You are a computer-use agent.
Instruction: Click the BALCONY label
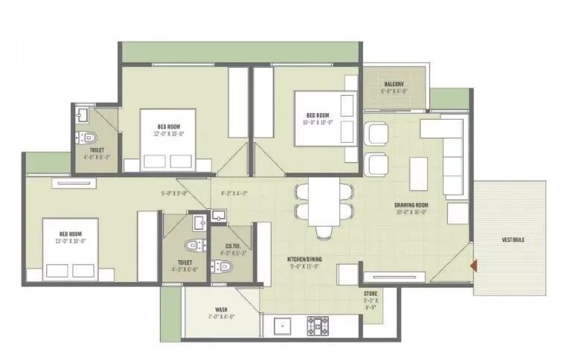[x=394, y=84]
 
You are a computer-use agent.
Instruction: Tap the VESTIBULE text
[x=513, y=240]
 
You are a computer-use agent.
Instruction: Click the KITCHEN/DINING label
[x=304, y=260]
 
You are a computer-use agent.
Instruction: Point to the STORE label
[x=371, y=294]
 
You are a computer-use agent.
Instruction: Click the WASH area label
[x=221, y=309]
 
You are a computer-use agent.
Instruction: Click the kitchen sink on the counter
[x=282, y=326]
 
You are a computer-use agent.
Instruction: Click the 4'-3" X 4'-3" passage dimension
[x=234, y=193]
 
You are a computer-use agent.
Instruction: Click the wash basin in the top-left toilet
[x=83, y=115]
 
